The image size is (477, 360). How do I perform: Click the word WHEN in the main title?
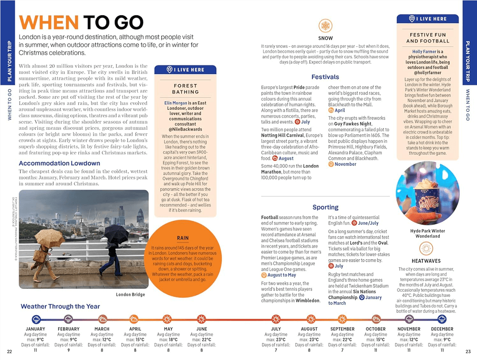pyautogui.click(x=49, y=22)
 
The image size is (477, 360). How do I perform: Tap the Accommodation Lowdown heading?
pyautogui.click(x=59, y=163)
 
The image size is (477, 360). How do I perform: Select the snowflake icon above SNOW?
pyautogui.click(x=325, y=26)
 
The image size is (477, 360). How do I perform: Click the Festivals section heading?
pyautogui.click(x=325, y=77)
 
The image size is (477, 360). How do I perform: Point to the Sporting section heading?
pyautogui.click(x=325, y=207)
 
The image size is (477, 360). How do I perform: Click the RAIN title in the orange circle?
pyautogui.click(x=183, y=238)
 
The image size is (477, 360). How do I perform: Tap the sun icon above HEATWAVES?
pyautogui.click(x=426, y=248)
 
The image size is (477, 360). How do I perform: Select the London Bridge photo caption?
pyautogui.click(x=130, y=295)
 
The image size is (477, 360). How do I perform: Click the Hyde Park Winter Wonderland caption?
pyautogui.click(x=428, y=233)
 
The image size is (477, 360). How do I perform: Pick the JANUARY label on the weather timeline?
pyautogui.click(x=35, y=329)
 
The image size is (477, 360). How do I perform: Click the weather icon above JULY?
pyautogui.click(x=276, y=319)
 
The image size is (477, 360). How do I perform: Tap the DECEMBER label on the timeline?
pyautogui.click(x=442, y=329)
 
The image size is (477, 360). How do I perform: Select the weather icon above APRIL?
pyautogui.click(x=135, y=319)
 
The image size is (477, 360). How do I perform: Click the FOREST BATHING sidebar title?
pyautogui.click(x=186, y=89)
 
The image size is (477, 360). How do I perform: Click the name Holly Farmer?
pyautogui.click(x=424, y=52)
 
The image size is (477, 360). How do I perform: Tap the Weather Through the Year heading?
pyautogui.click(x=60, y=307)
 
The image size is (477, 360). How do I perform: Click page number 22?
pyautogui.click(x=10, y=352)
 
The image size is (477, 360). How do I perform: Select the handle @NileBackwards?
pyautogui.click(x=186, y=129)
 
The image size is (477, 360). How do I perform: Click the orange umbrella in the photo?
pyautogui.click(x=50, y=237)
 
